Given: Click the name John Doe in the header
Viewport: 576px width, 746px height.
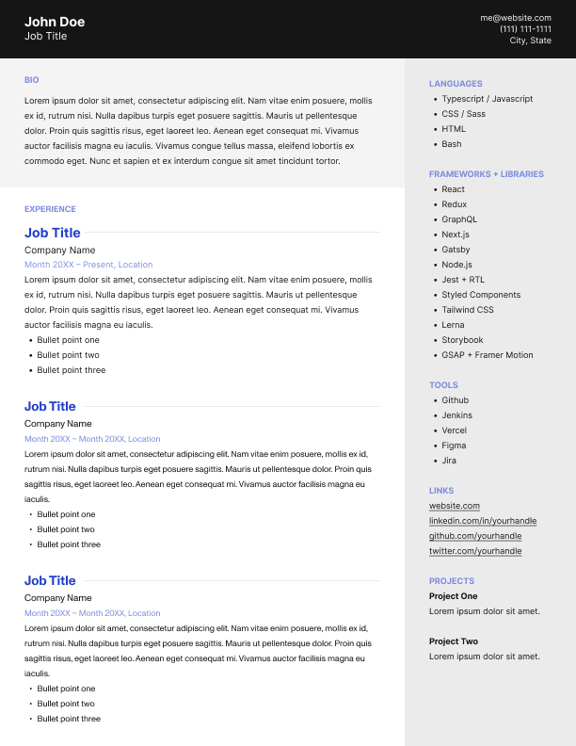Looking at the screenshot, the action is click(x=55, y=22).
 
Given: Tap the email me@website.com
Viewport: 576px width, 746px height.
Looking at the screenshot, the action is click(x=516, y=17).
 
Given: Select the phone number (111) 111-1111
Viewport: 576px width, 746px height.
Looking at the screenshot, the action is click(x=525, y=29).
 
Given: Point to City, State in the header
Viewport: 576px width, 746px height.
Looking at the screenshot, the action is click(x=531, y=41).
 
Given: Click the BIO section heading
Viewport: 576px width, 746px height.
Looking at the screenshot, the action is click(x=32, y=80).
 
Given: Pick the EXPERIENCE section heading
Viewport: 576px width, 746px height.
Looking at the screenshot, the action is click(x=50, y=209).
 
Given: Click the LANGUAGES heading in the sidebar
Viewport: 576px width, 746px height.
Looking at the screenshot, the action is click(x=456, y=84).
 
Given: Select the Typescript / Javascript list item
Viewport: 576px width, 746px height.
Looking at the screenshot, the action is click(x=487, y=99).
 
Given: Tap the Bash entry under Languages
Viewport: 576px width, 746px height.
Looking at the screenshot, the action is click(x=452, y=144).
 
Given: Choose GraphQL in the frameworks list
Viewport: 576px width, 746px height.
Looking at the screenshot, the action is click(x=459, y=219).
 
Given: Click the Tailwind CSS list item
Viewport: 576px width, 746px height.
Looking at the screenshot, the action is click(x=468, y=310).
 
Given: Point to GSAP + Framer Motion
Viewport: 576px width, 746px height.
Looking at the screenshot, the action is click(x=487, y=355).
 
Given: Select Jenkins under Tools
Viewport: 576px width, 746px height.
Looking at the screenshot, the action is click(x=456, y=415).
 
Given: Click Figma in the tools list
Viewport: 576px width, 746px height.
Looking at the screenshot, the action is click(x=455, y=446).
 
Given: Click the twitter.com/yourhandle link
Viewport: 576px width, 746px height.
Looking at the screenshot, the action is click(x=475, y=551).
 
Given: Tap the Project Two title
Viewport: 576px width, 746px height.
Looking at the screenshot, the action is click(x=454, y=641).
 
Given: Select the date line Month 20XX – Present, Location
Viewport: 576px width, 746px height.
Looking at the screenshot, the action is click(x=88, y=265).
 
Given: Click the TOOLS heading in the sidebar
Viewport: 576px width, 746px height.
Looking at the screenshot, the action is click(x=443, y=385).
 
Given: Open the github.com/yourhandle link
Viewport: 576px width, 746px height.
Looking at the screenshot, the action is click(x=475, y=536).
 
